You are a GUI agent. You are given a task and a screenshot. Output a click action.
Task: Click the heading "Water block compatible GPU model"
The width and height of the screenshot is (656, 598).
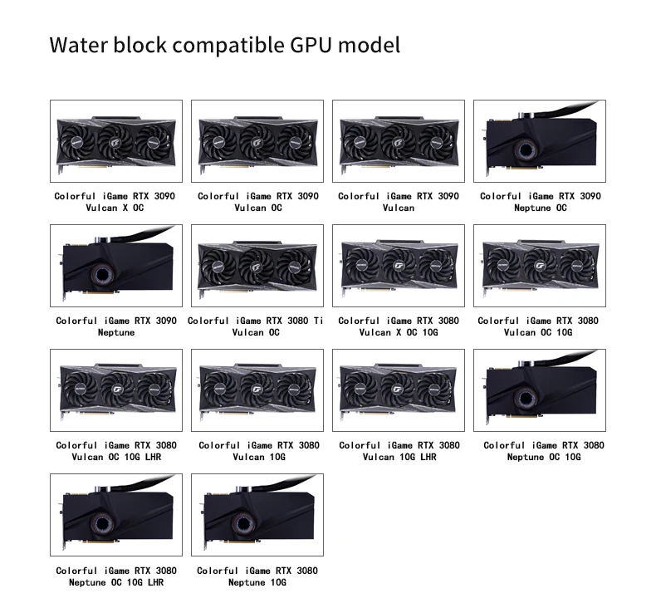[224, 44]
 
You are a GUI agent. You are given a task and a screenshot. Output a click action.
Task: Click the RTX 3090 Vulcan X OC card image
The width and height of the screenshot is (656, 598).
[116, 141]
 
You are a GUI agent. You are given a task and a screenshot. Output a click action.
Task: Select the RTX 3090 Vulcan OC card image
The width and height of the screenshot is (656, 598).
[257, 141]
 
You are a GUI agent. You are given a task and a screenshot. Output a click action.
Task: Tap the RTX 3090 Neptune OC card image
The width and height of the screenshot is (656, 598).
[540, 141]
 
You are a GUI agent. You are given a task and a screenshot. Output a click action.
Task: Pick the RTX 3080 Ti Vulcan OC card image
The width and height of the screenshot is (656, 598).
[257, 266]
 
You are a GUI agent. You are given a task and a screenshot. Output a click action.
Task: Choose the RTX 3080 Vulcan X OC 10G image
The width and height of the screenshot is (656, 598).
[399, 266]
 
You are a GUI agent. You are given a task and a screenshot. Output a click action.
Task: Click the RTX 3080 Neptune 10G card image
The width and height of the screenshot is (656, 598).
[257, 515]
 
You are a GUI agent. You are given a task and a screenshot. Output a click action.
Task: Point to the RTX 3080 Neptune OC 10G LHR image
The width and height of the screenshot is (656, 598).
[116, 515]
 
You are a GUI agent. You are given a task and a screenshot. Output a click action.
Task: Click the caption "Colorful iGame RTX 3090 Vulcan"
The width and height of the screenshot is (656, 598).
[399, 202]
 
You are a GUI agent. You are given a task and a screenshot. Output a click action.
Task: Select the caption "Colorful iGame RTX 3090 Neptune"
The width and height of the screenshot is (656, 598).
[116, 326]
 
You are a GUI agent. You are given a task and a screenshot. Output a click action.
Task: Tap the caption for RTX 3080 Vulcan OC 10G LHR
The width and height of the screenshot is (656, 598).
[116, 451]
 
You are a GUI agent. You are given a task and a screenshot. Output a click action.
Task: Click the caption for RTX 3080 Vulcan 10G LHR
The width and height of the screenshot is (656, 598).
[399, 451]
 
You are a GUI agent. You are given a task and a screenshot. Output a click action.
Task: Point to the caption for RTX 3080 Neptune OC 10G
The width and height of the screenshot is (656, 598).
[544, 451]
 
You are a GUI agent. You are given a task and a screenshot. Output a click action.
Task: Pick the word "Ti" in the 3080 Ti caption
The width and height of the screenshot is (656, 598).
[318, 321]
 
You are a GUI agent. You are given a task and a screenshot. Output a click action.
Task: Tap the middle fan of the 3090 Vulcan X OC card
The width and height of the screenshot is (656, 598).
[116, 141]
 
